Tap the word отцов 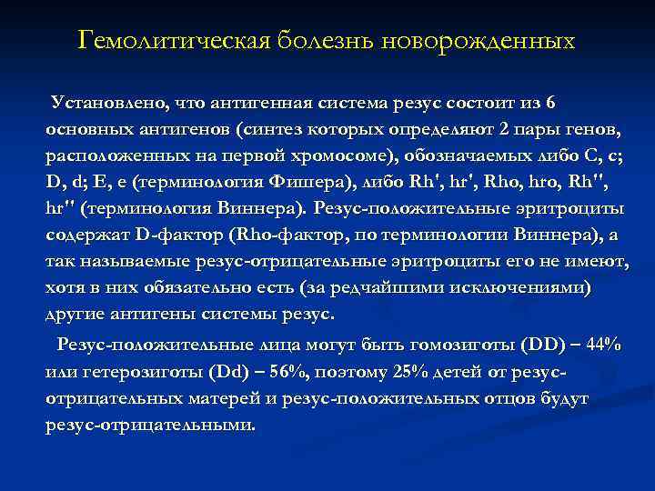coord(479,398)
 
